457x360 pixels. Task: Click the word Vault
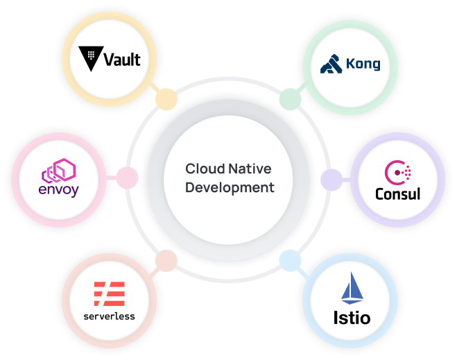(x=121, y=59)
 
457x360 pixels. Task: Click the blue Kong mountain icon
(x=331, y=65)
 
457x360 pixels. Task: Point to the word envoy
(x=59, y=189)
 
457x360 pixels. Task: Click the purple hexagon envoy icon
(x=59, y=169)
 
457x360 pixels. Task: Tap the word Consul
(x=397, y=193)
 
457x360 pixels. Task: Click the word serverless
(x=110, y=316)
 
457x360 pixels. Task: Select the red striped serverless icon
(x=110, y=294)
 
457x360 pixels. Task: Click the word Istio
(x=351, y=319)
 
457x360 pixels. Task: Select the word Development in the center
(x=230, y=187)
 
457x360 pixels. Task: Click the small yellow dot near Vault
(x=166, y=98)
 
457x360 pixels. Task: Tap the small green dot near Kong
(x=290, y=98)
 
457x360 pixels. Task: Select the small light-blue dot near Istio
(x=290, y=261)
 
